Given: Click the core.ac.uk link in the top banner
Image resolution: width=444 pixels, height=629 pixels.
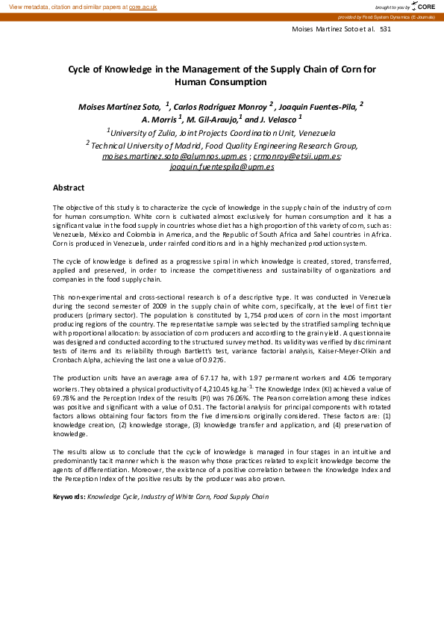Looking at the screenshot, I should click(x=143, y=6).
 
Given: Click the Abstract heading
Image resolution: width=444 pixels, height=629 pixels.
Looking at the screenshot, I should click(x=68, y=188).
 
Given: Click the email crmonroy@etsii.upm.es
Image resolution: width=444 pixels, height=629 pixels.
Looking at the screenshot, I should click(x=296, y=157).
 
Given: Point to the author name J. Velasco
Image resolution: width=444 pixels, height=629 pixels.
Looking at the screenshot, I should click(x=281, y=119).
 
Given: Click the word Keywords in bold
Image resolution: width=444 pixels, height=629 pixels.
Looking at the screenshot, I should click(x=69, y=496).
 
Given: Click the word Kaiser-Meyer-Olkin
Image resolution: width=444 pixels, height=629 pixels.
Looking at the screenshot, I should click(x=301, y=350).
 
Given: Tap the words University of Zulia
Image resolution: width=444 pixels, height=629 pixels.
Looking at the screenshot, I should click(x=140, y=130).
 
